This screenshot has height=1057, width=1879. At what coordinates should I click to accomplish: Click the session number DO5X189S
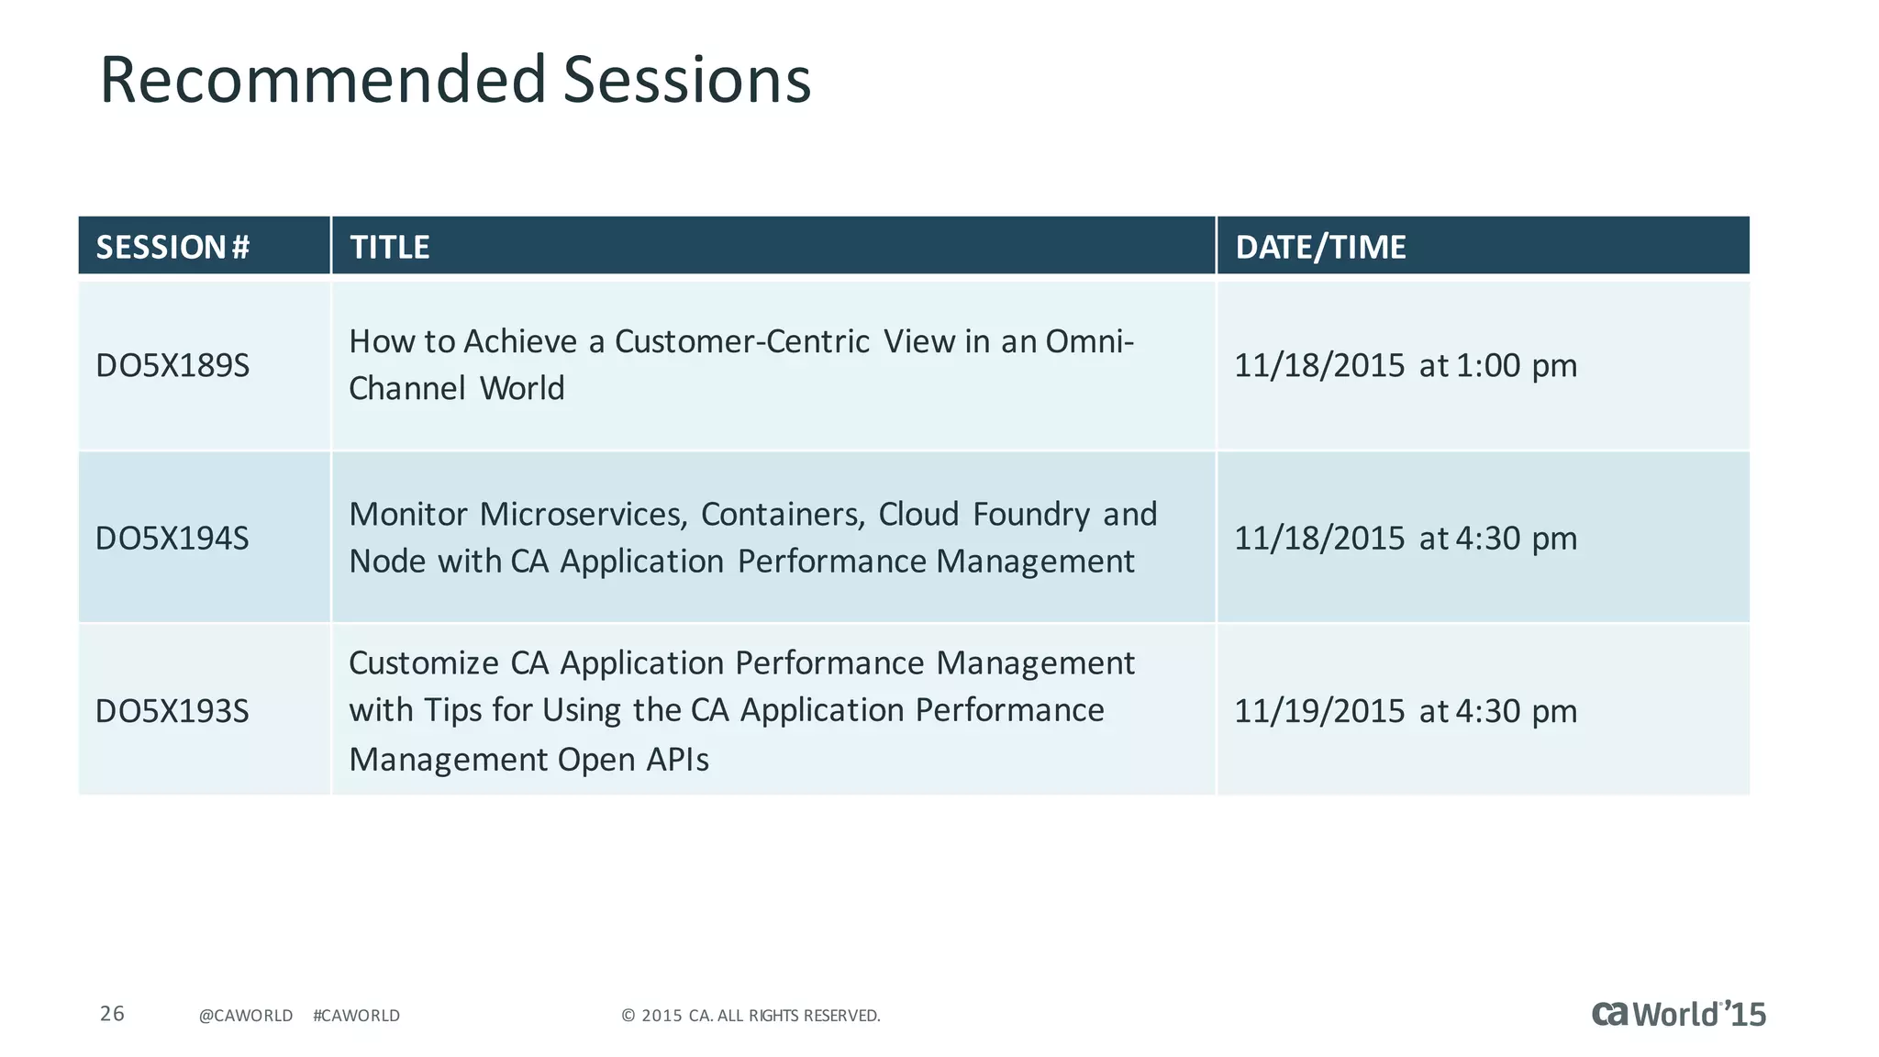pyautogui.click(x=172, y=365)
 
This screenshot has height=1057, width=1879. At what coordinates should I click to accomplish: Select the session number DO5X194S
pyautogui.click(x=172, y=538)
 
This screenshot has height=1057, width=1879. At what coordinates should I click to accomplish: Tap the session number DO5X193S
pyautogui.click(x=172, y=711)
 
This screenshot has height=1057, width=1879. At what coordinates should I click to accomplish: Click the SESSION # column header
pyautogui.click(x=172, y=247)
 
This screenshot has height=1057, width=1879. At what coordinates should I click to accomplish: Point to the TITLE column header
pyautogui.click(x=390, y=247)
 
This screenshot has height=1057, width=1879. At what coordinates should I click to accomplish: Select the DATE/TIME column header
pyautogui.click(x=1320, y=247)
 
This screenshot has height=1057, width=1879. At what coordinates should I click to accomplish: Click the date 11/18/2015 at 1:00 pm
pyautogui.click(x=1405, y=365)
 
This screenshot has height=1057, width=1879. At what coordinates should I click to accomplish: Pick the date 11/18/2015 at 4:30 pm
pyautogui.click(x=1405, y=538)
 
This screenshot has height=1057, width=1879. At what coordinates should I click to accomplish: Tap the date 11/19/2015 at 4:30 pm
pyautogui.click(x=1405, y=711)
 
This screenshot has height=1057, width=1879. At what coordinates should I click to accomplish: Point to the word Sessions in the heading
pyautogui.click(x=686, y=80)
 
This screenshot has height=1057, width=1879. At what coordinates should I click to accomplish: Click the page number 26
pyautogui.click(x=112, y=1013)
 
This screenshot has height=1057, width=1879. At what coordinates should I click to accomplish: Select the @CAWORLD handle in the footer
pyautogui.click(x=246, y=1016)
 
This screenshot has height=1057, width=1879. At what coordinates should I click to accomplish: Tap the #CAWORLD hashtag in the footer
pyautogui.click(x=356, y=1016)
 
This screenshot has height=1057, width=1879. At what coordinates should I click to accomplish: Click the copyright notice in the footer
pyautogui.click(x=750, y=1016)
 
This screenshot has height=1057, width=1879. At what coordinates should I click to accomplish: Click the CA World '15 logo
pyautogui.click(x=1678, y=1014)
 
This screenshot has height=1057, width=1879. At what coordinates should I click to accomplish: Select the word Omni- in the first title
pyautogui.click(x=1090, y=341)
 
